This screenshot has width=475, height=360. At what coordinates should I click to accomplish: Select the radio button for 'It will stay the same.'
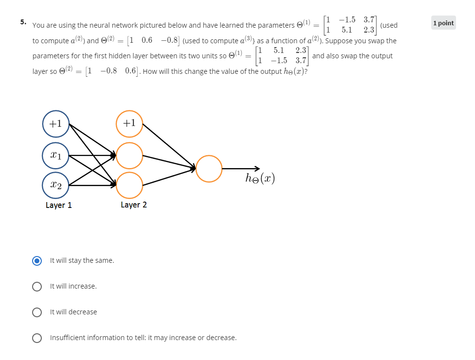[x=37, y=261]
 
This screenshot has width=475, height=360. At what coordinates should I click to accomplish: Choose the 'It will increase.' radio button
[x=37, y=287]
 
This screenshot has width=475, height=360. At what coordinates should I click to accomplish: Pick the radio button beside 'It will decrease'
[x=37, y=312]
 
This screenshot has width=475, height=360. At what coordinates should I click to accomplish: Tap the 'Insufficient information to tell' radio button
[x=37, y=338]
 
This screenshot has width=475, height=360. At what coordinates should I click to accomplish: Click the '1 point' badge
[x=443, y=23]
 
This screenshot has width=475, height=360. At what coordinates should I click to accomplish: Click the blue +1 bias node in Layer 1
[x=56, y=123]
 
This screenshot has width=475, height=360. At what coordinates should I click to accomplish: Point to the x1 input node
[x=56, y=155]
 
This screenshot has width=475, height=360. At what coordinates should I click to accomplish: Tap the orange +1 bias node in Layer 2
[x=129, y=123]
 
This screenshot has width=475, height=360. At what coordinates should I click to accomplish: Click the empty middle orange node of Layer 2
[x=129, y=155]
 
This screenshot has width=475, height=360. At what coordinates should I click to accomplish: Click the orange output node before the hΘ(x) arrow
[x=209, y=169]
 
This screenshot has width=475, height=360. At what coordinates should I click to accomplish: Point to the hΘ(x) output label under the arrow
[x=260, y=179]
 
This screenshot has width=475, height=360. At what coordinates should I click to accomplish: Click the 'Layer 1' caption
[x=59, y=205]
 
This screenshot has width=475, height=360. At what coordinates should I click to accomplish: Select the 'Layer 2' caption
[x=134, y=205]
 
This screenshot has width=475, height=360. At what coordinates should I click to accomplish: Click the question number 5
[x=23, y=22]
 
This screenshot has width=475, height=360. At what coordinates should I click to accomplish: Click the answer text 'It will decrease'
[x=73, y=312]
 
